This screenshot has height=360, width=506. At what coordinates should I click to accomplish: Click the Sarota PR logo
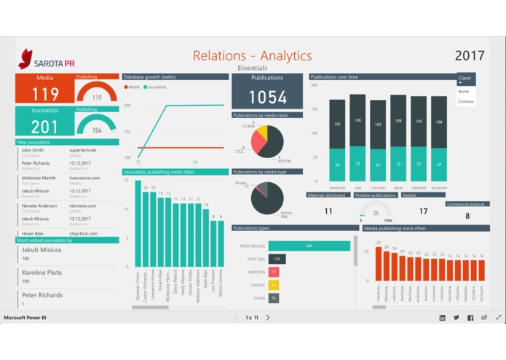click(x=46, y=58)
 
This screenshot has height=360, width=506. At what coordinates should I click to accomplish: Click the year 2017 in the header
click(x=470, y=55)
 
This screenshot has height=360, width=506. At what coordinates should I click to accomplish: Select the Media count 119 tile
click(x=45, y=94)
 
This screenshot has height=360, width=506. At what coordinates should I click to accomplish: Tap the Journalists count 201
click(x=45, y=127)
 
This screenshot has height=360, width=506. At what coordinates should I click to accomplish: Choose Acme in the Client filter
click(x=464, y=91)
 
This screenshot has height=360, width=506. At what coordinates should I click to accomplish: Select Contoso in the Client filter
click(x=466, y=101)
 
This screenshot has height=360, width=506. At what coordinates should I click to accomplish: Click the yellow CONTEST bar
click(x=274, y=285)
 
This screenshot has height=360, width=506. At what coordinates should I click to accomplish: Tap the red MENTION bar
click(x=274, y=272)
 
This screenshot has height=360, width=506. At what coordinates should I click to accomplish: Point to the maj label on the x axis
click(x=357, y=187)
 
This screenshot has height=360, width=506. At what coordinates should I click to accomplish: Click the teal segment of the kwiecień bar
click(x=337, y=165)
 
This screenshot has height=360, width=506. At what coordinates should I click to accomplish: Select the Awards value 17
click(x=423, y=211)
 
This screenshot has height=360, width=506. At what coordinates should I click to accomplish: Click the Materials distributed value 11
click(x=328, y=211)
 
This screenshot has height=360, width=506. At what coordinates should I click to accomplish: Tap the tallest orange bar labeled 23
click(x=379, y=265)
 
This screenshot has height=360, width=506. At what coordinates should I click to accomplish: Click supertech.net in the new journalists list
click(x=83, y=149)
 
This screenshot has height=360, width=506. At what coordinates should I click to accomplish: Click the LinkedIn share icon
click(x=442, y=318)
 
